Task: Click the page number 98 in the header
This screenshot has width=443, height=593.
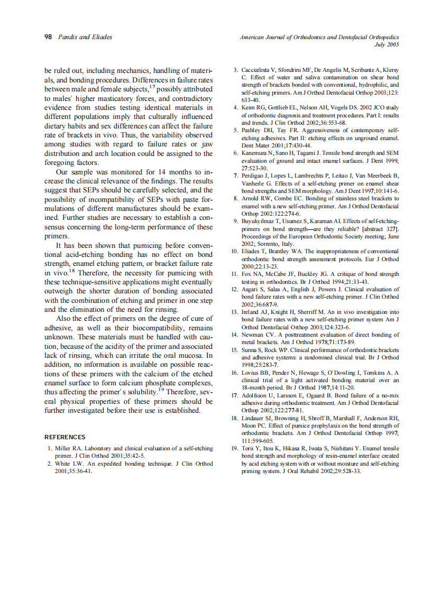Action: point(48,37)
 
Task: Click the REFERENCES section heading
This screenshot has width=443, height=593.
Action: point(64,437)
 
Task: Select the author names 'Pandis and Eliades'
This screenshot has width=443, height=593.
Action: point(85,37)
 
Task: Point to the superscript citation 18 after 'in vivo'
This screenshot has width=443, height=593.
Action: point(72,271)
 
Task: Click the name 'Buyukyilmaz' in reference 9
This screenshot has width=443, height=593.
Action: point(257,221)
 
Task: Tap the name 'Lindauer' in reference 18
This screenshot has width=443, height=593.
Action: point(254,418)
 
